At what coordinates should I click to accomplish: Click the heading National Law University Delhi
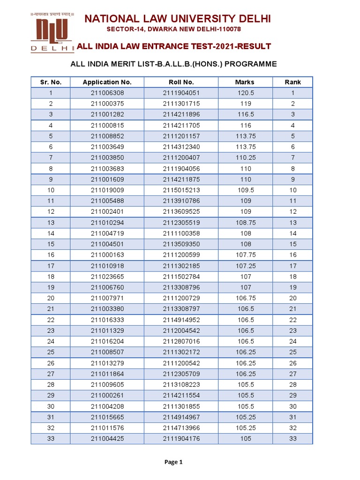click(177, 18)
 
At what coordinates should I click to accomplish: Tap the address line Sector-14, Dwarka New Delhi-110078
click(174, 30)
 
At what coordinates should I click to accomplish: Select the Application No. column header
click(107, 82)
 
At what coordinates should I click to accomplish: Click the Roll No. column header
click(181, 82)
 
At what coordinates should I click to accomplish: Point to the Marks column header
click(245, 82)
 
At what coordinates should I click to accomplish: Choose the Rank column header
click(292, 82)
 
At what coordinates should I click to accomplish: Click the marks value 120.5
click(245, 93)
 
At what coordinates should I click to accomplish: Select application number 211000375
click(107, 104)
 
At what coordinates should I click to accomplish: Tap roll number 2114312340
click(181, 147)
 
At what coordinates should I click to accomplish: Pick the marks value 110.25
click(245, 157)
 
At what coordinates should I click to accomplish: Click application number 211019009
click(107, 190)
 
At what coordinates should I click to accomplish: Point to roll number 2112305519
click(181, 223)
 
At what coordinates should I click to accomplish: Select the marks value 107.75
click(245, 255)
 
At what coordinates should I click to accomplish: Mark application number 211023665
click(107, 277)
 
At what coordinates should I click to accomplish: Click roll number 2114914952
click(181, 320)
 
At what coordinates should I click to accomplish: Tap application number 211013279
click(107, 363)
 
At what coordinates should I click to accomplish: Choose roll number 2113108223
click(181, 384)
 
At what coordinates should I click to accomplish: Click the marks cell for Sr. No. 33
click(245, 439)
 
